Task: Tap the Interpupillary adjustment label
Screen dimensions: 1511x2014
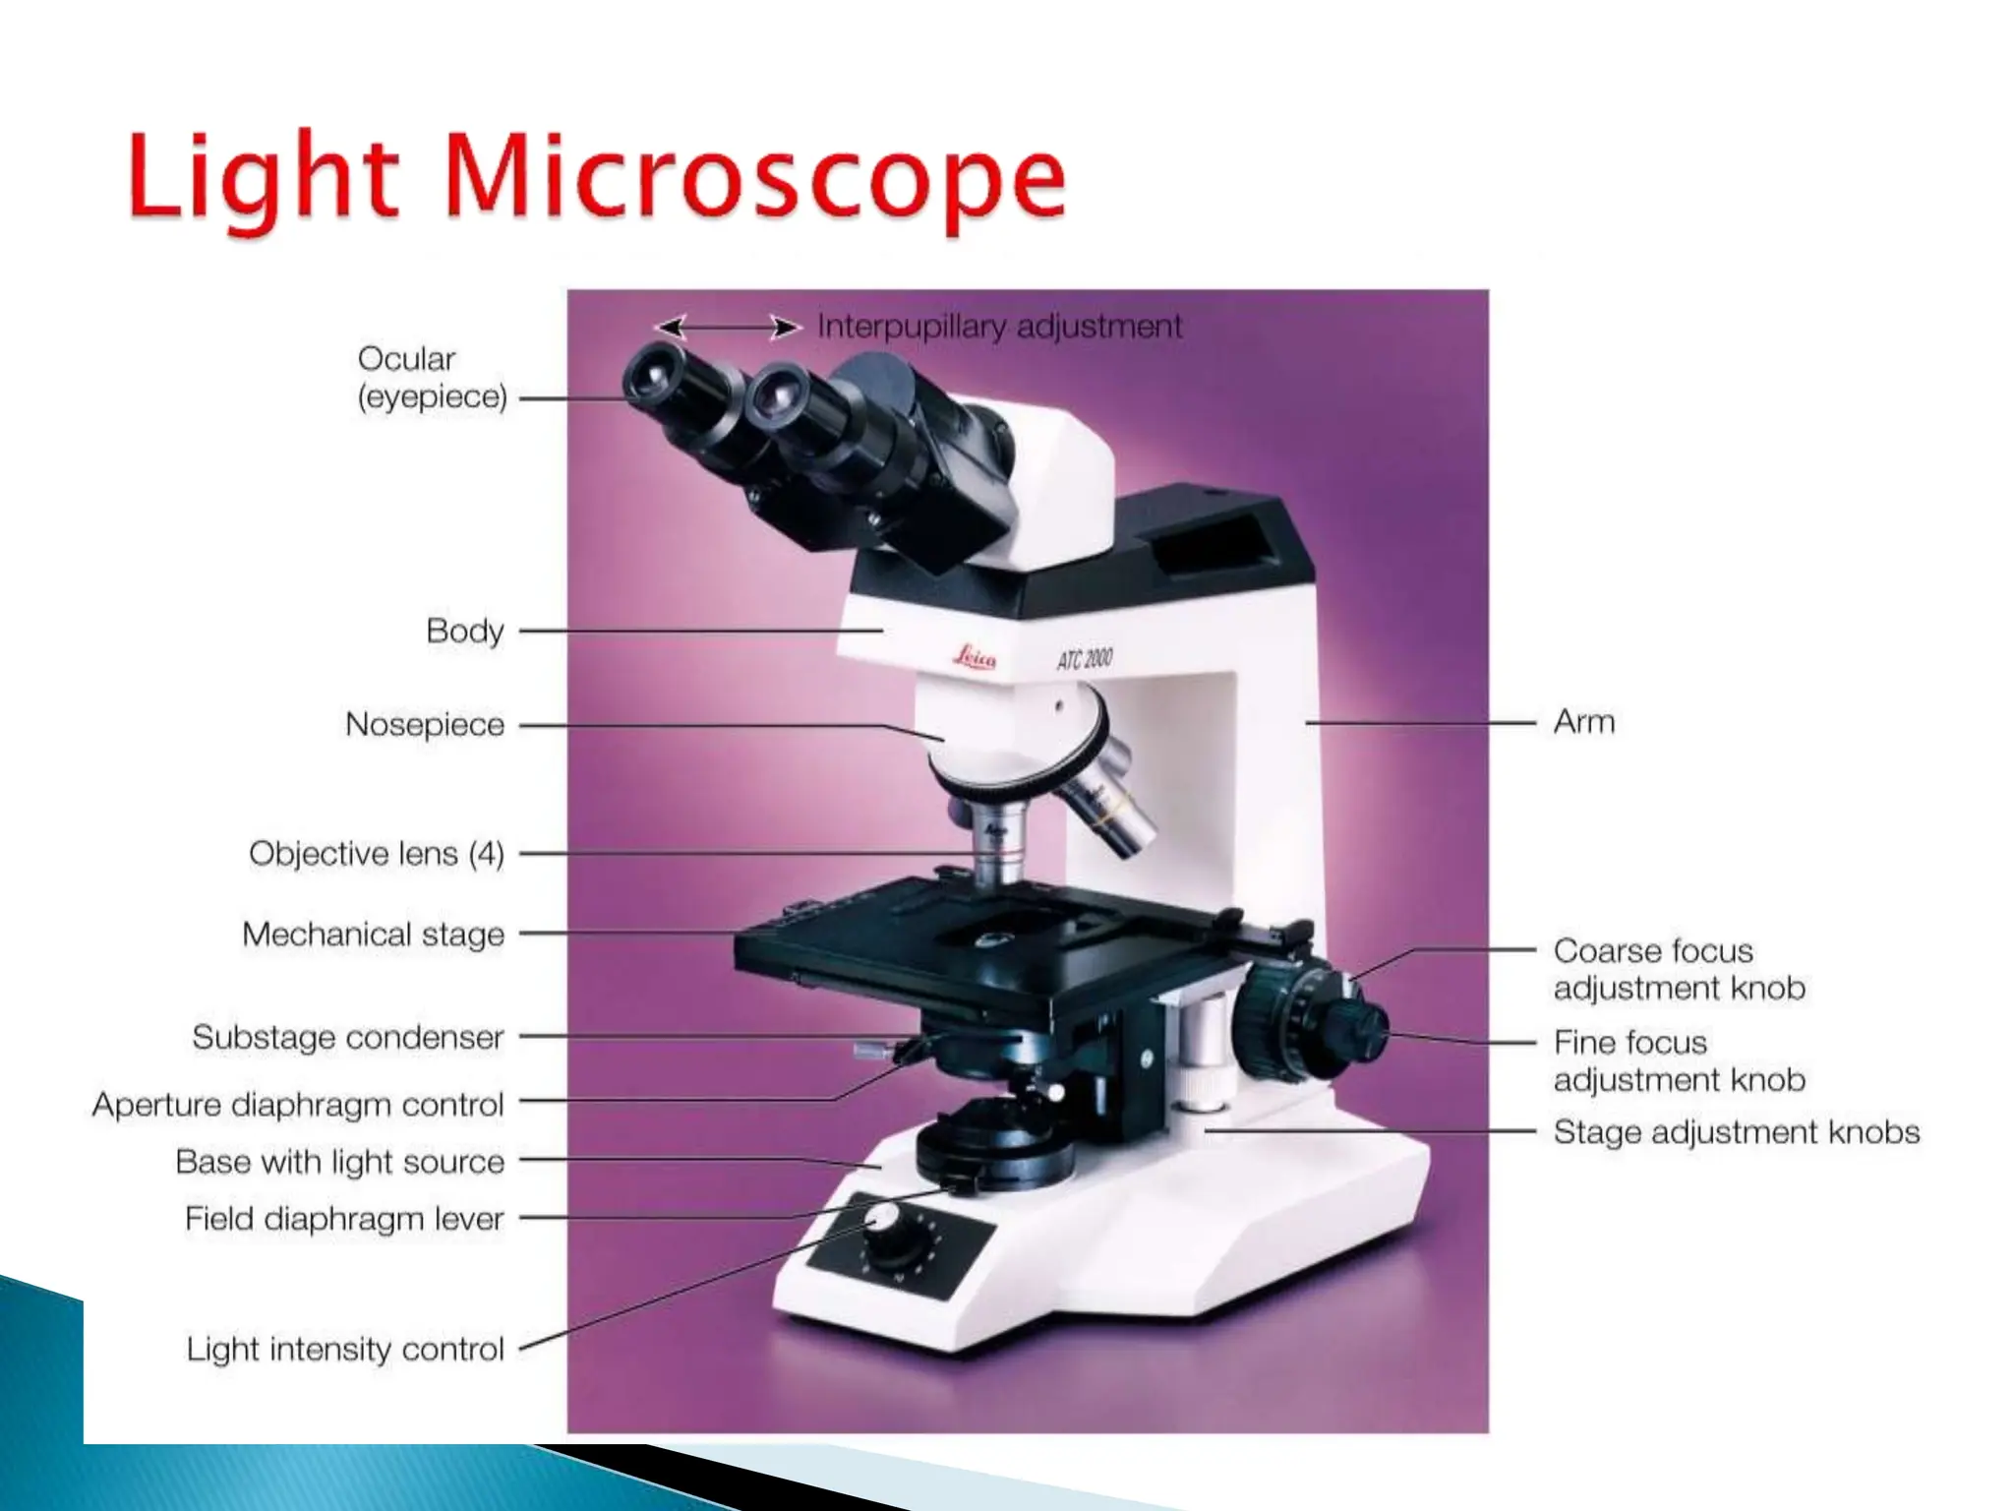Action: pos(999,326)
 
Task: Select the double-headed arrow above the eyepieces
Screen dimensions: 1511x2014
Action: pos(728,327)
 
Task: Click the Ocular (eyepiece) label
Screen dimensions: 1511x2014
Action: pos(432,378)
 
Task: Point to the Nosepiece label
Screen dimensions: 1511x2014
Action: pos(425,725)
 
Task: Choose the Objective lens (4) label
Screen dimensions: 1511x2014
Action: pos(376,854)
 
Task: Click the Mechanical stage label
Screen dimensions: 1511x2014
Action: pos(373,935)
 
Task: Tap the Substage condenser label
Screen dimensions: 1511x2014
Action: pos(347,1038)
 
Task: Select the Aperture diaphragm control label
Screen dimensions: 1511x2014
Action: pos(298,1105)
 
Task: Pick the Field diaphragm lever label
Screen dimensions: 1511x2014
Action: pos(344,1220)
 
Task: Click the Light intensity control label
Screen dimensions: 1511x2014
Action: pos(345,1350)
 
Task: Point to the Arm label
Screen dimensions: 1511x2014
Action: pos(1583,722)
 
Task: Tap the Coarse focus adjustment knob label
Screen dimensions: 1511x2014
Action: pos(1679,969)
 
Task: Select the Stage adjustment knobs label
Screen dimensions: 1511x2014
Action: pos(1736,1132)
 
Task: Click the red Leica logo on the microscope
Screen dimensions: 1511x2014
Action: pos(974,657)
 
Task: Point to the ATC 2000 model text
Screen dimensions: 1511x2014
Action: pos(1085,658)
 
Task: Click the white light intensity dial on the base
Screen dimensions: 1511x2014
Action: pos(885,1220)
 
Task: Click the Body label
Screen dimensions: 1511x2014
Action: pos(464,631)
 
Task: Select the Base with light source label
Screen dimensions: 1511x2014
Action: pos(339,1162)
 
